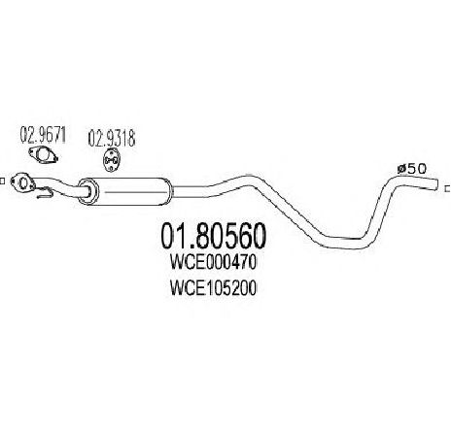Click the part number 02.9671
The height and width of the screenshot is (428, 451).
point(43,135)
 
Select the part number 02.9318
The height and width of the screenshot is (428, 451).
point(112,139)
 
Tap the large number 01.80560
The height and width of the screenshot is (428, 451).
point(214,236)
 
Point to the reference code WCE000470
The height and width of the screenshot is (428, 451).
point(213,263)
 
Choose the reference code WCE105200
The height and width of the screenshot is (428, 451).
point(213,287)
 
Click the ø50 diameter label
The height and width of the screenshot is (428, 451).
point(412,168)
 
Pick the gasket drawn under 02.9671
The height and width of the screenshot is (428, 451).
point(43,155)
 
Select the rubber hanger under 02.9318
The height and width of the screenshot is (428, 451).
point(111,160)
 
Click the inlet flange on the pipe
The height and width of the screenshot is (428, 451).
point(22,183)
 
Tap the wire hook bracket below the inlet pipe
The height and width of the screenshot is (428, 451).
point(45,193)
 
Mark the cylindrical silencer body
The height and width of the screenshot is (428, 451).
point(125,191)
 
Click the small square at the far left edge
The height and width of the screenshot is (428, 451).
point(2,181)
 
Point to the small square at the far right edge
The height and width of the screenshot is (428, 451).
point(448,188)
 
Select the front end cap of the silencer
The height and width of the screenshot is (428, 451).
point(88,191)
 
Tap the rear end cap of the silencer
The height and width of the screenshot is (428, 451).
point(169,191)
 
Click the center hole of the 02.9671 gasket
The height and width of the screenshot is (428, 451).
point(43,155)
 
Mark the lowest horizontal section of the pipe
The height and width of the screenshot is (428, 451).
point(343,244)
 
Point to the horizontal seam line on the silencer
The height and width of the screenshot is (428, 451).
point(133,192)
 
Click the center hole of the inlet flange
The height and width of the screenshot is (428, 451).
point(23,183)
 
